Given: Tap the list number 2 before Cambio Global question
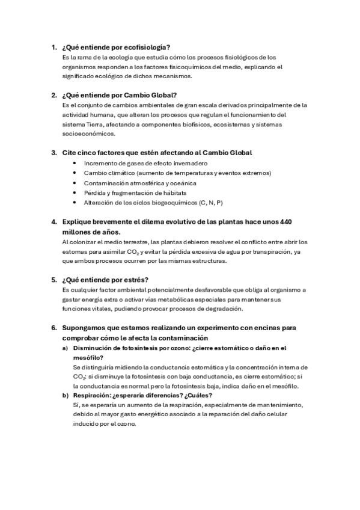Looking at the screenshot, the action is pos(54,94).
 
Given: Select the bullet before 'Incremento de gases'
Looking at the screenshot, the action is pos(74,163).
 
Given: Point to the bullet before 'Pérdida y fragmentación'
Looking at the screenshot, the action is pos(74,192).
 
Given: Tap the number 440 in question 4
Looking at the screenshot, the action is pos(285,222).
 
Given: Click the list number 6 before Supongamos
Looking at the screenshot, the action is pos(54,328).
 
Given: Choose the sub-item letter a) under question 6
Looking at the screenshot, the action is pos(66,348).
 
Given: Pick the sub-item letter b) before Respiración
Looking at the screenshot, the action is pos(66,396).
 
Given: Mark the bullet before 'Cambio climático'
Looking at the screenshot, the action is pos(74,173).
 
